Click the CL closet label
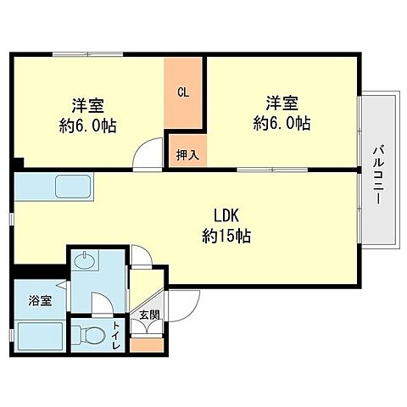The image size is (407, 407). pos(183,92)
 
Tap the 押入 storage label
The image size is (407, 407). pos(187,154)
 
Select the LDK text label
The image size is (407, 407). pos(224,215)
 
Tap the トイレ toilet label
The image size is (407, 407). pos(116,332)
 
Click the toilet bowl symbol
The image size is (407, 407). pos(90,332)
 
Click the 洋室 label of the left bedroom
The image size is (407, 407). pos(88,105)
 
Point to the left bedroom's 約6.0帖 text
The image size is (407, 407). pos(88,125)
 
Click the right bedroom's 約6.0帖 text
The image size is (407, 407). pos(282,124)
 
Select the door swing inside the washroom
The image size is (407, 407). pos(99,301)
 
